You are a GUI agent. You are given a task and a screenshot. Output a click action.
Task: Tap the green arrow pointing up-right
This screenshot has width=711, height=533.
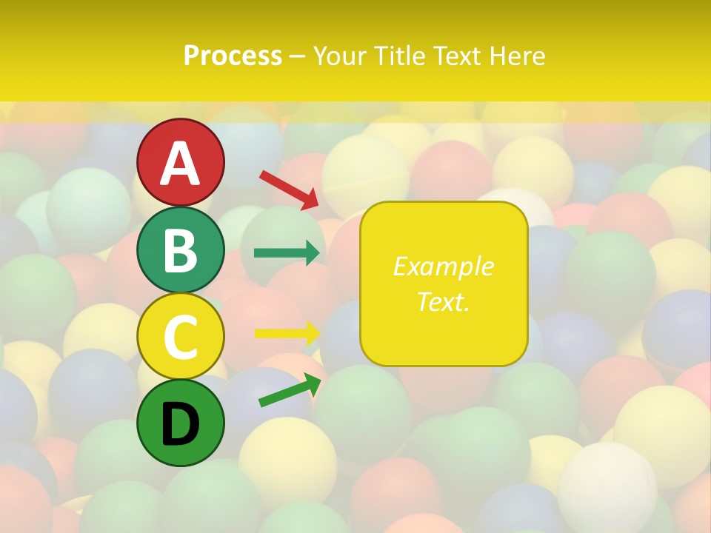pyautogui.click(x=290, y=390)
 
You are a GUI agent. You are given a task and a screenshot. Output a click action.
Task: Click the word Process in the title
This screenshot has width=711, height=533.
pyautogui.click(x=233, y=56)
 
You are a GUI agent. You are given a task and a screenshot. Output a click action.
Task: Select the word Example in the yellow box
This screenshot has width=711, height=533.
pyautogui.click(x=443, y=266)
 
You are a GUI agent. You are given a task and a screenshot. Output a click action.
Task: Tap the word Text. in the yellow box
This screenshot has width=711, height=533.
pyautogui.click(x=443, y=302)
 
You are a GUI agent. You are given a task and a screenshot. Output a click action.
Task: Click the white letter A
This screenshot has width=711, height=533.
pyautogui.click(x=180, y=163)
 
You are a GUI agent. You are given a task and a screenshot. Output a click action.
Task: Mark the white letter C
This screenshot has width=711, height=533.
pyautogui.click(x=180, y=336)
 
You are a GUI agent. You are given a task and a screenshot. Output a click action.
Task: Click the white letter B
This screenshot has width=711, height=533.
pyautogui.click(x=180, y=250)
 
